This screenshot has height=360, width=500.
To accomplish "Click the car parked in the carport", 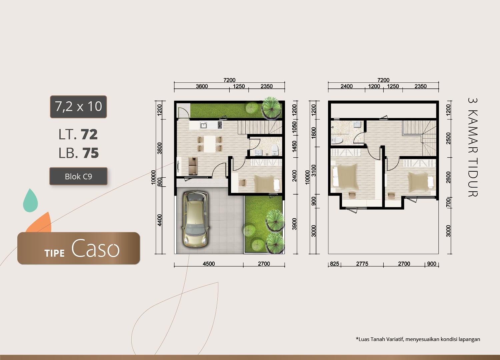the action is [196, 219].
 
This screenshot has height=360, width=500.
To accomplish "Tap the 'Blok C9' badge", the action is [78, 176].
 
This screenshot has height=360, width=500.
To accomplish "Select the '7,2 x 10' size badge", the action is [78, 107].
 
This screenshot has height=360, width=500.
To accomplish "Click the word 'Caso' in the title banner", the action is [95, 248].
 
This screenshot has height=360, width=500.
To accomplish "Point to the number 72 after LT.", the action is [89, 134].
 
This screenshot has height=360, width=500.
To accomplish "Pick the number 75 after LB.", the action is [90, 153].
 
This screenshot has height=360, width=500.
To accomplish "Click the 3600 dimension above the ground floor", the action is [202, 86].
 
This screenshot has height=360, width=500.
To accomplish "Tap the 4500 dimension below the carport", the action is [209, 264].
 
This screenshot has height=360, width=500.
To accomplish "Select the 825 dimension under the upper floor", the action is [334, 264].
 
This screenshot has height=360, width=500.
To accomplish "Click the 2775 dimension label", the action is [362, 264].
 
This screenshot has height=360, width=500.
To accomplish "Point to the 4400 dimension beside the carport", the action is [159, 220].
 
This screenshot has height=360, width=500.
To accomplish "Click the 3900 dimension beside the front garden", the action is [294, 224].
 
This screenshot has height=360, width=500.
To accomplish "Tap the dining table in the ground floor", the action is [210, 144].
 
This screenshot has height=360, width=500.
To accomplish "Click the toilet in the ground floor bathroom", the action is [275, 150].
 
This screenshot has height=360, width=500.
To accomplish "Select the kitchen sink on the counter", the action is [203, 125].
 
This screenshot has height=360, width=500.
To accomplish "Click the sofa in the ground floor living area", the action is [193, 166].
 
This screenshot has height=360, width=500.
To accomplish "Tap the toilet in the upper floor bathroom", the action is [337, 140].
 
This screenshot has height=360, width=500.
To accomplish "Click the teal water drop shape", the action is [30, 200].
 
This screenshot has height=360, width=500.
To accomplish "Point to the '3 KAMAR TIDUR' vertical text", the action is [473, 147].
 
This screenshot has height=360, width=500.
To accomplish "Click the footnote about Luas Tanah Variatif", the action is [418, 339].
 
